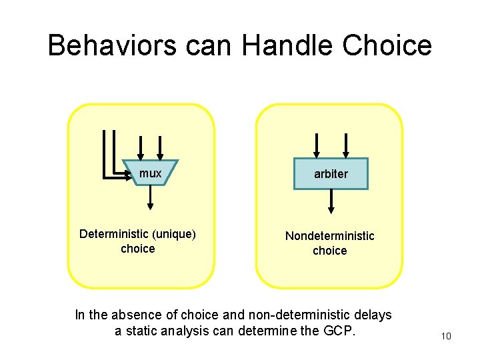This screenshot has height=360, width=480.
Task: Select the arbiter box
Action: point(331,174)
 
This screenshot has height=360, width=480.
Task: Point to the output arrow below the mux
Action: point(151,196)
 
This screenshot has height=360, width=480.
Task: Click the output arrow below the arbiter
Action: point(331,201)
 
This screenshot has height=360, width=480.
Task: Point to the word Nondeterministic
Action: point(330,236)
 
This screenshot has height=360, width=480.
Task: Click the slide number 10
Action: point(446,336)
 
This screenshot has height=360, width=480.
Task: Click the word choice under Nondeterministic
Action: point(330,251)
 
